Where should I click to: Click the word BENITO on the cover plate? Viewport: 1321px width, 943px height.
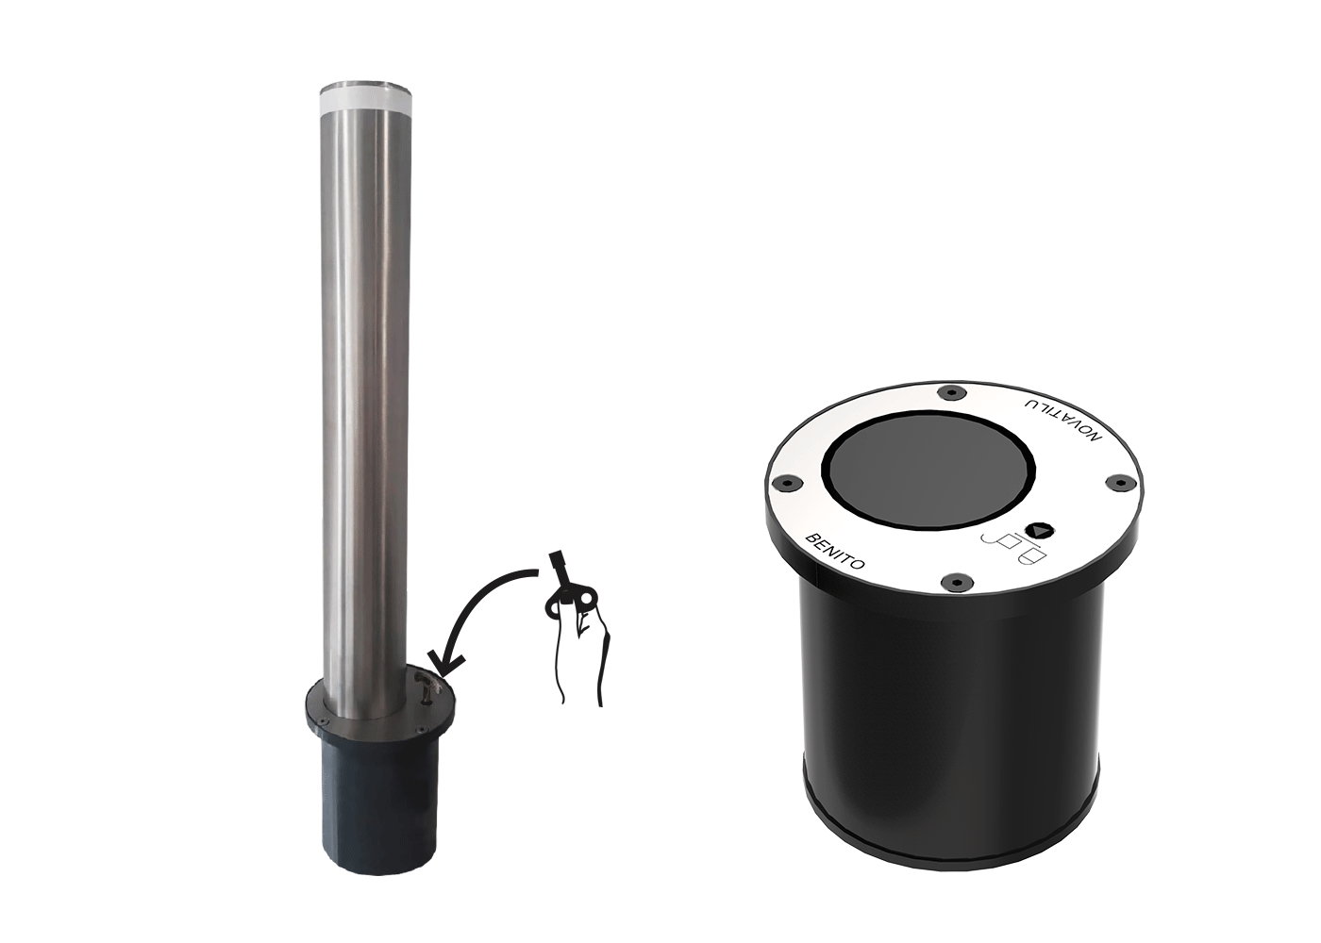836,552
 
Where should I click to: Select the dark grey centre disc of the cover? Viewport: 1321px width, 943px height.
928,470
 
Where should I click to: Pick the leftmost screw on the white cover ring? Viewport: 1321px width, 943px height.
787,483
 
